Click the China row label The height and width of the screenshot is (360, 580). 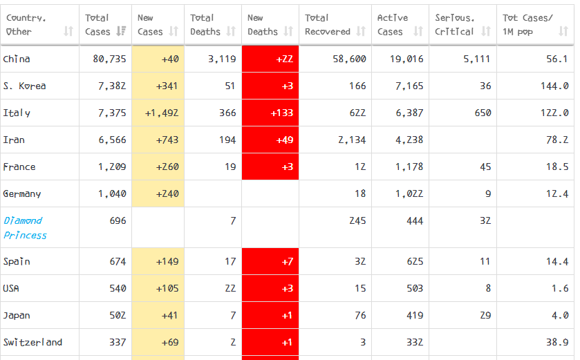pyautogui.click(x=17, y=59)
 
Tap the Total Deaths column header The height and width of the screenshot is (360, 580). pyautogui.click(x=203, y=25)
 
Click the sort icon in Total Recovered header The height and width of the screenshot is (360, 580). pyautogui.click(x=361, y=32)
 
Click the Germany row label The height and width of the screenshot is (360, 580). pyautogui.click(x=22, y=194)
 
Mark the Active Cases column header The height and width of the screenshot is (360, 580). pyautogui.click(x=393, y=25)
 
